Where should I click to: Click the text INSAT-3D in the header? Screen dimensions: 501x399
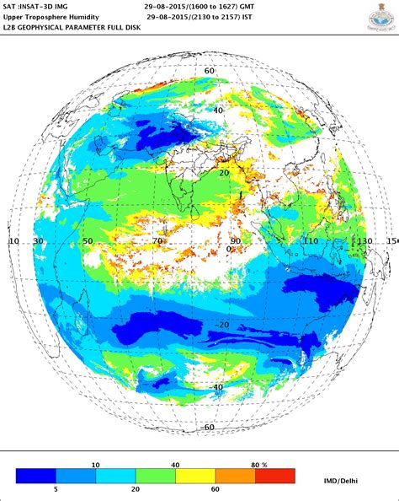(50, 5)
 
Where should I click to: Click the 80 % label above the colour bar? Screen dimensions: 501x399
(258, 464)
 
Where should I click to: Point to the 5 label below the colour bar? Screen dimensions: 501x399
(56, 489)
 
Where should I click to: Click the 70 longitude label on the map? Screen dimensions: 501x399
(157, 241)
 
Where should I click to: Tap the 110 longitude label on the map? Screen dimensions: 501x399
(312, 241)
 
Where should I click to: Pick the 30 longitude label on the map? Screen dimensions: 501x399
(39, 241)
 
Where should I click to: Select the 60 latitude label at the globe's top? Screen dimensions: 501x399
(210, 72)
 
